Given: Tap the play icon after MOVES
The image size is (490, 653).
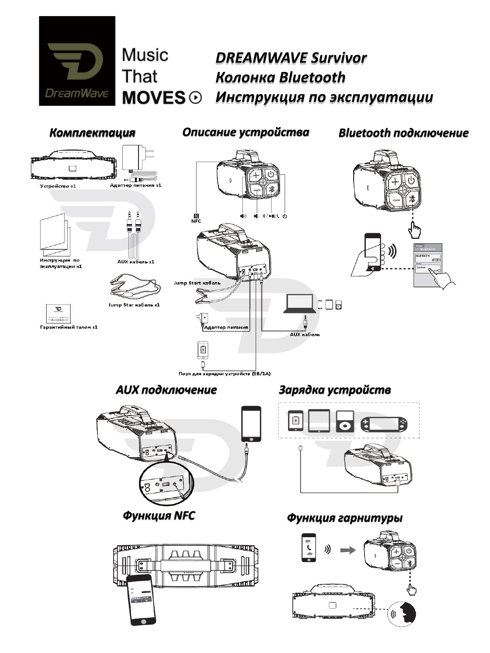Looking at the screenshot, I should tap(196, 98).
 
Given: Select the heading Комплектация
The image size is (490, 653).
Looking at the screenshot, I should tap(92, 133).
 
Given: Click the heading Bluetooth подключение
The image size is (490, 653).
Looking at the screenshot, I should tap(403, 133).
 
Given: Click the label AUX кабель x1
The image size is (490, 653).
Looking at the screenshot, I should tap(135, 262).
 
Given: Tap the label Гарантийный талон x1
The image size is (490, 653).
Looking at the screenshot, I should tap(69, 327).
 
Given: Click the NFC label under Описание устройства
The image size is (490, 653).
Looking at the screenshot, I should tap(196, 221).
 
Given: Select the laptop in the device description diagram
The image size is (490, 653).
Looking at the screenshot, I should tap(298, 303).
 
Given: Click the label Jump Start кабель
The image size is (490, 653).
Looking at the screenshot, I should tap(197, 283).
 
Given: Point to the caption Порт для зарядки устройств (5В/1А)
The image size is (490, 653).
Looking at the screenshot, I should tap(225, 374).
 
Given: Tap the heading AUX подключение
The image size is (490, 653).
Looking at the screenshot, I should tap(166, 390).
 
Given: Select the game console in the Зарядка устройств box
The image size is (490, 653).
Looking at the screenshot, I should tap(384, 424).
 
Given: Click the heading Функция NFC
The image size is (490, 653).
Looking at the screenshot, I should tap(159, 516).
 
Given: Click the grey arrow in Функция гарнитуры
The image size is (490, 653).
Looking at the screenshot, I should tap(348, 550).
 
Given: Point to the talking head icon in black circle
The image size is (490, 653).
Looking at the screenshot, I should tap(402, 614).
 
